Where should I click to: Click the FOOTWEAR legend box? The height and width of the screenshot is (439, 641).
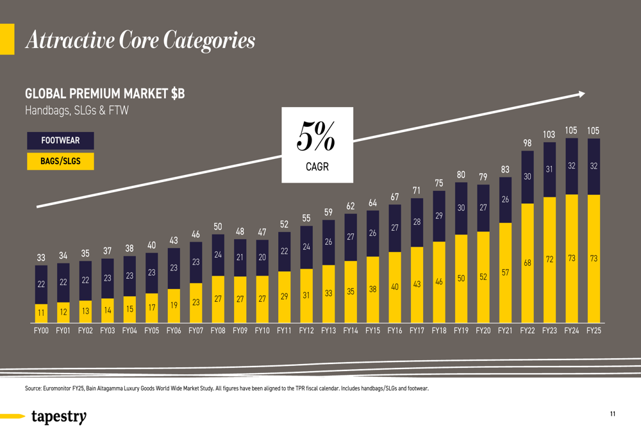(60, 140)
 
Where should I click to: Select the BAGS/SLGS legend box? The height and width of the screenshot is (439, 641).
(60, 161)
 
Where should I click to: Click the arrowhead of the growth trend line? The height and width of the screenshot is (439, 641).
(581, 94)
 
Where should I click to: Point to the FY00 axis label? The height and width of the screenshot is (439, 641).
(41, 331)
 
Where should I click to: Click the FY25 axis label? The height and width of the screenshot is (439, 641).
(594, 331)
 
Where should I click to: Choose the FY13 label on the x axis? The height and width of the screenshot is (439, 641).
(328, 331)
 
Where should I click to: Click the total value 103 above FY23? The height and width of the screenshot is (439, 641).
(549, 135)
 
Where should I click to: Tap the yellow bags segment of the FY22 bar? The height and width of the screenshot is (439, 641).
(528, 263)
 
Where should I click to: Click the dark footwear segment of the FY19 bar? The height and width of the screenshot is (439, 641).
(461, 208)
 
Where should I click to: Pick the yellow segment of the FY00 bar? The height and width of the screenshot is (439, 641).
(41, 313)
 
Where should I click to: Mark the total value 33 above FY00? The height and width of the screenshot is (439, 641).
(41, 258)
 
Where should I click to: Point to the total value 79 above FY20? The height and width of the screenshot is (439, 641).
(483, 176)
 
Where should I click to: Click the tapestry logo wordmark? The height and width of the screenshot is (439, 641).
(58, 417)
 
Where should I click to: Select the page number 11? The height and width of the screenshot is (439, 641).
(613, 415)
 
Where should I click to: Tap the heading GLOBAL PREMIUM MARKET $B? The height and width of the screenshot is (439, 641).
(104, 94)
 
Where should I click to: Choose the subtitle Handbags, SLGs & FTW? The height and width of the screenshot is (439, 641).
(76, 111)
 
